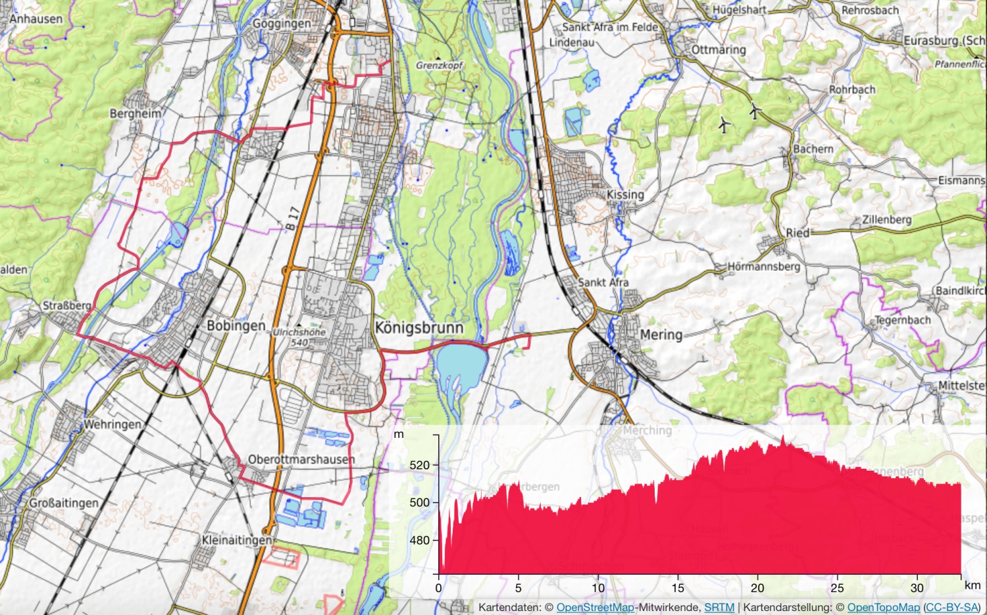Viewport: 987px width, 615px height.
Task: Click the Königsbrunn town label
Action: click(418, 328)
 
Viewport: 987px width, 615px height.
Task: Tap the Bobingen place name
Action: click(236, 326)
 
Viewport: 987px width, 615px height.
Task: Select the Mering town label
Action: click(661, 334)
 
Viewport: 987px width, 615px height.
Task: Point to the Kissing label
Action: click(625, 194)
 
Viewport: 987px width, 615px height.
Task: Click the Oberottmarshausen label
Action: click(301, 459)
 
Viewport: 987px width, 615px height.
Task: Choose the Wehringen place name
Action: click(112, 424)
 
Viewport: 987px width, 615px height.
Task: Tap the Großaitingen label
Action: click(64, 503)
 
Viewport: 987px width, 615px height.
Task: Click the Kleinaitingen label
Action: click(237, 540)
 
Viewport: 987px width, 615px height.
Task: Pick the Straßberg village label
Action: click(66, 306)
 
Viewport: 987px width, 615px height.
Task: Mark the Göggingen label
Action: click(282, 24)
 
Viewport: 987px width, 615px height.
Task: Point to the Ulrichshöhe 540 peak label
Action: click(299, 336)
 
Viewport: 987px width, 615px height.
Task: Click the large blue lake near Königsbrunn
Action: click(461, 363)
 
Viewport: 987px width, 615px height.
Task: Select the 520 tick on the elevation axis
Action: click(419, 465)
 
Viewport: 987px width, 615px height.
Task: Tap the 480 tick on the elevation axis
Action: click(419, 541)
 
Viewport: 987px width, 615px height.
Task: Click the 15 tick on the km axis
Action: click(678, 587)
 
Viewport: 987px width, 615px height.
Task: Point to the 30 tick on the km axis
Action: click(917, 587)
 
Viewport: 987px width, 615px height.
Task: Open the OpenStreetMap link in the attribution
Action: click(595, 607)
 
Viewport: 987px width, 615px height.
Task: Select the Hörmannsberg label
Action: click(763, 267)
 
